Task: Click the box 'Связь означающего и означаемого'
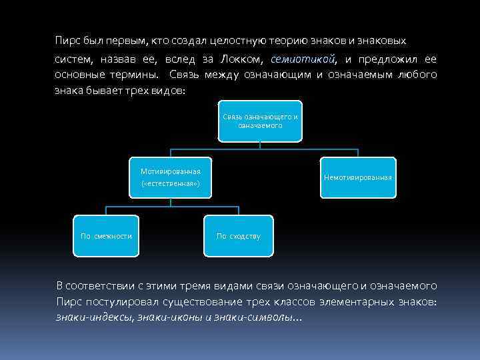coord(260,121)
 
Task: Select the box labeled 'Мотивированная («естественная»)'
coord(170,177)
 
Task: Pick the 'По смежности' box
coord(106,236)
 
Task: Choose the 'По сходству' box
coord(239,236)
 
